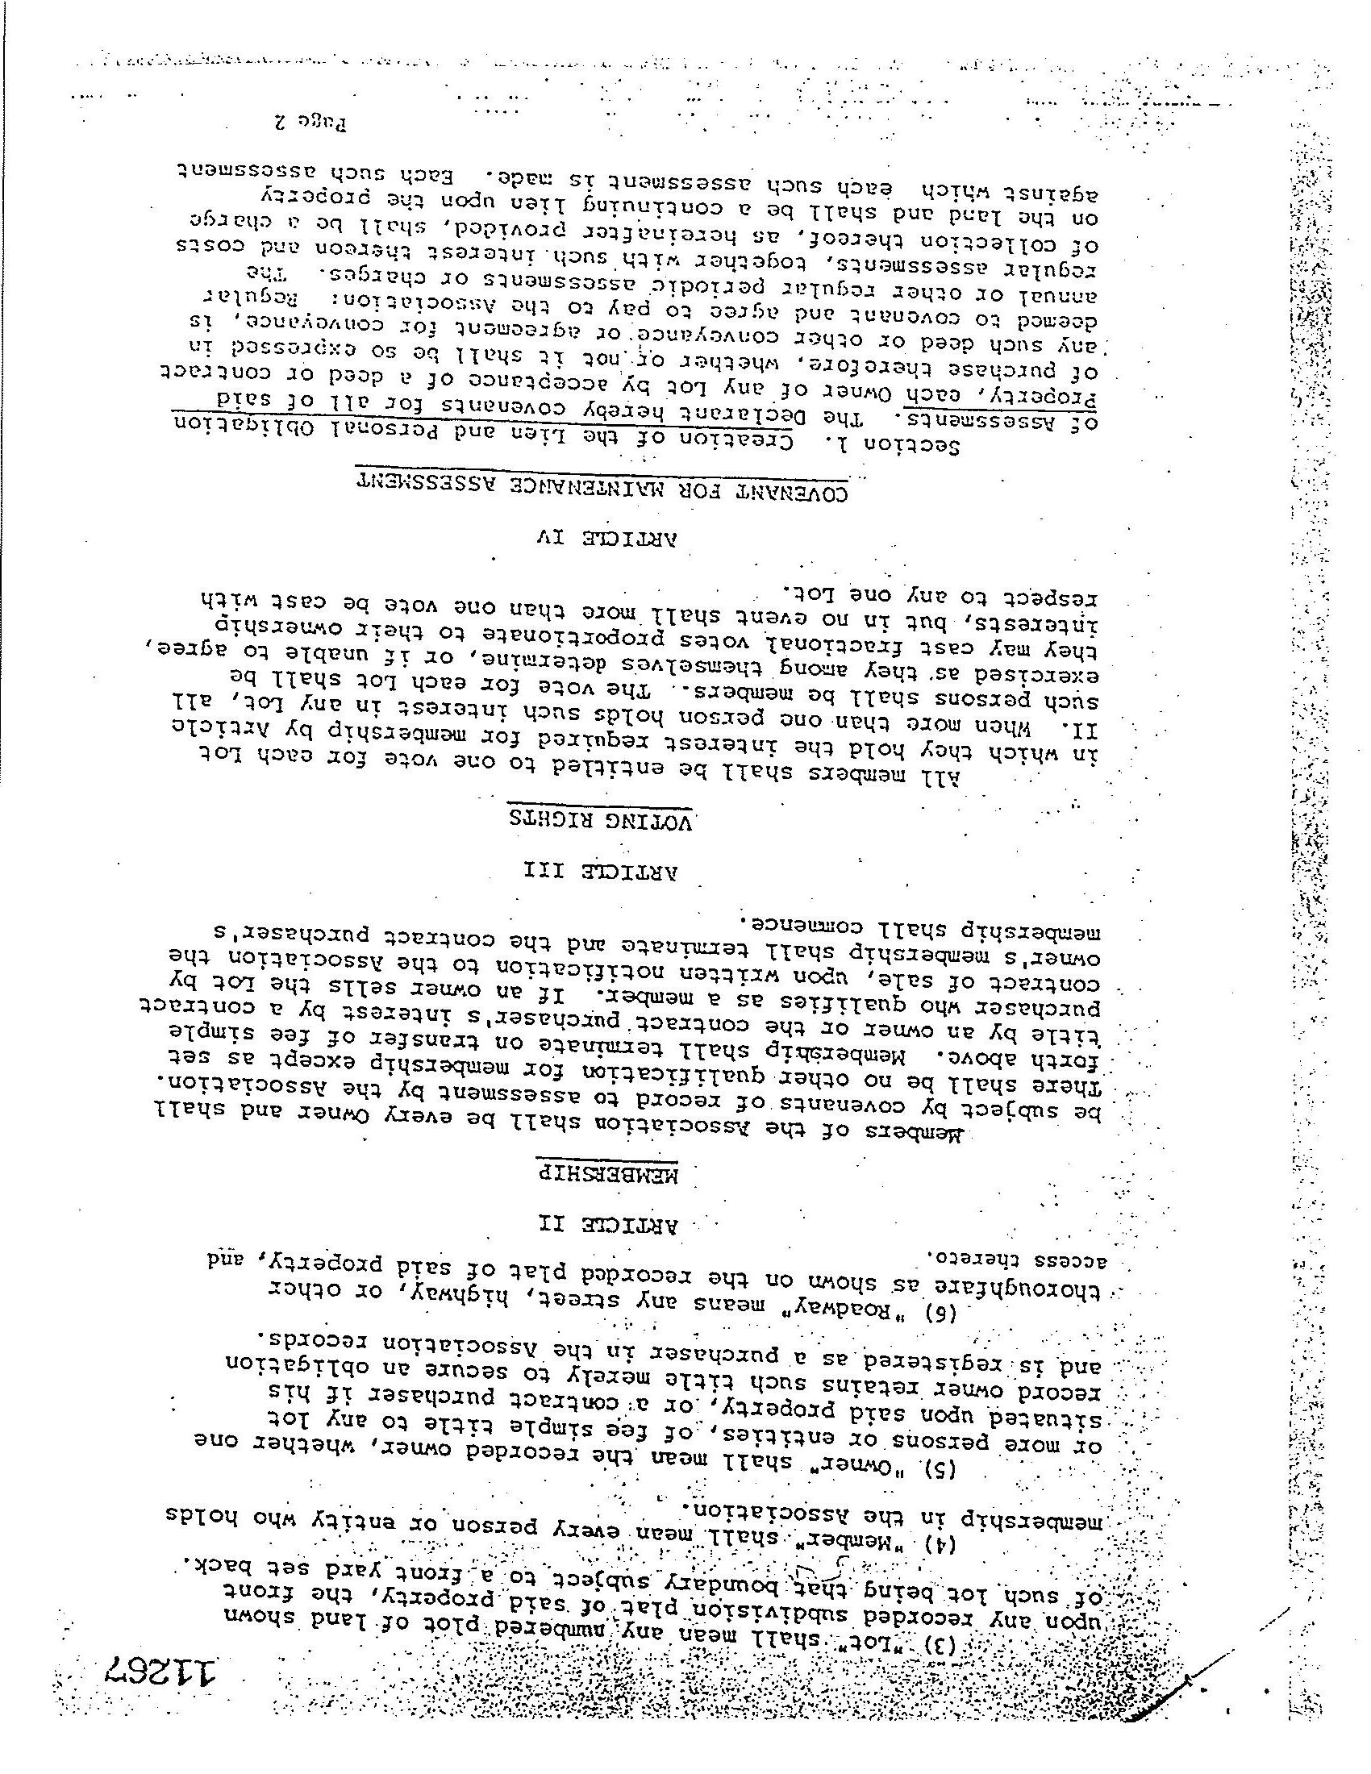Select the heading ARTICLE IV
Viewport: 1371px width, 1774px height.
[604, 538]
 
